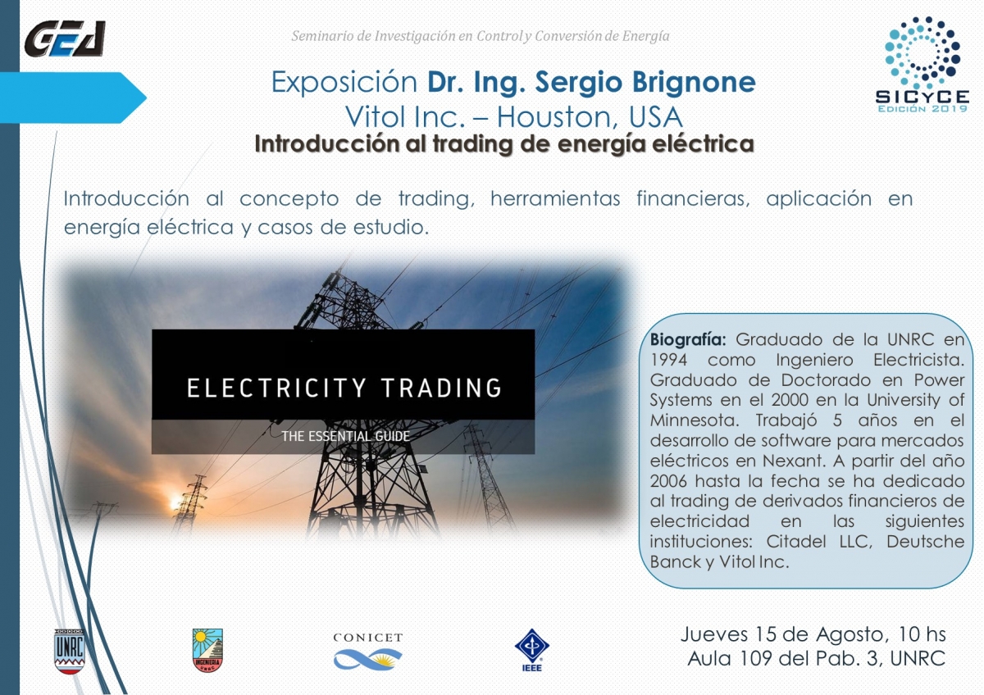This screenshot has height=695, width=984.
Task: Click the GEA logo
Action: click(x=65, y=39)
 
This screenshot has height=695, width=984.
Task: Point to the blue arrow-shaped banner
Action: click(x=73, y=98)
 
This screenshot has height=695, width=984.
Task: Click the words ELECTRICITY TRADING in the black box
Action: click(x=344, y=388)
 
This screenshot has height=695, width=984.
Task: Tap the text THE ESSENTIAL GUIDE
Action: click(x=346, y=436)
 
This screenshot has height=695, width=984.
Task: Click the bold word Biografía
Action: click(x=688, y=340)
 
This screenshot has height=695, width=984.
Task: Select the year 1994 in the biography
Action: click(x=668, y=360)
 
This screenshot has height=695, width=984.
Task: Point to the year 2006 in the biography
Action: click(x=668, y=481)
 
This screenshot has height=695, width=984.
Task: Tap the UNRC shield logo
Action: click(x=70, y=651)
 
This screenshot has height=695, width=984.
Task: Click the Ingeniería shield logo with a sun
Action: click(x=207, y=650)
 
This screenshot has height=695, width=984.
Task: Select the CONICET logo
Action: click(x=367, y=651)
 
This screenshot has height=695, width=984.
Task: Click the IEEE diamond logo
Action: click(x=531, y=650)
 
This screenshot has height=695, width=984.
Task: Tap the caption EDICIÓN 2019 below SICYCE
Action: click(x=922, y=109)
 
